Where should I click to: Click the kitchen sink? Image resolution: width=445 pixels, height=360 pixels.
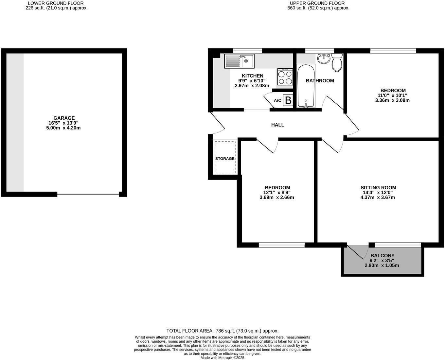239,61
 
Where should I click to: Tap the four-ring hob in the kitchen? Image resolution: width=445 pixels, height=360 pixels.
285,77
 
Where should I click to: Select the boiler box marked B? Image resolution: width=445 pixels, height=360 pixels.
288,100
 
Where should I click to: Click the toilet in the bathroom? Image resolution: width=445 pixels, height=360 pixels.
337,62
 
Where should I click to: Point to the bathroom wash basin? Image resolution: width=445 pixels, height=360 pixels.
324,59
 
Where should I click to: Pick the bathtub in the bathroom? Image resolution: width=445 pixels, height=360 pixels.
306,86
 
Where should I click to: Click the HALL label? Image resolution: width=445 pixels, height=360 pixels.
277,125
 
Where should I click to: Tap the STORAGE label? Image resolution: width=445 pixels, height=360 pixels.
225,159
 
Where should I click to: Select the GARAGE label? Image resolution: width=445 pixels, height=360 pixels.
64,118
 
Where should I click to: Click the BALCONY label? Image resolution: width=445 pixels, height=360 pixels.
382,256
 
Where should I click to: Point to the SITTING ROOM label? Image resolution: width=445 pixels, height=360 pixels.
378,188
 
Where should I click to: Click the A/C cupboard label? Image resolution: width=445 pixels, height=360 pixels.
277,100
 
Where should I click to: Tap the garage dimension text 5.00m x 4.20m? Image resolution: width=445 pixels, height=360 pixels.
63,128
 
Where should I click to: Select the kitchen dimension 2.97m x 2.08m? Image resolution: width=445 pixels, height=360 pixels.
252,86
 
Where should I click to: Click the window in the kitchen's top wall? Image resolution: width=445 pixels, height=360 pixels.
247,51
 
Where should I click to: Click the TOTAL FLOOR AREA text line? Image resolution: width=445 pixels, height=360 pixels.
222,331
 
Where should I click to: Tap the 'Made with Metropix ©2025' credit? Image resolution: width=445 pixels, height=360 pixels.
222,358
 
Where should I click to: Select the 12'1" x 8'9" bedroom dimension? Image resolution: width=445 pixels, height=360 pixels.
277,193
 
